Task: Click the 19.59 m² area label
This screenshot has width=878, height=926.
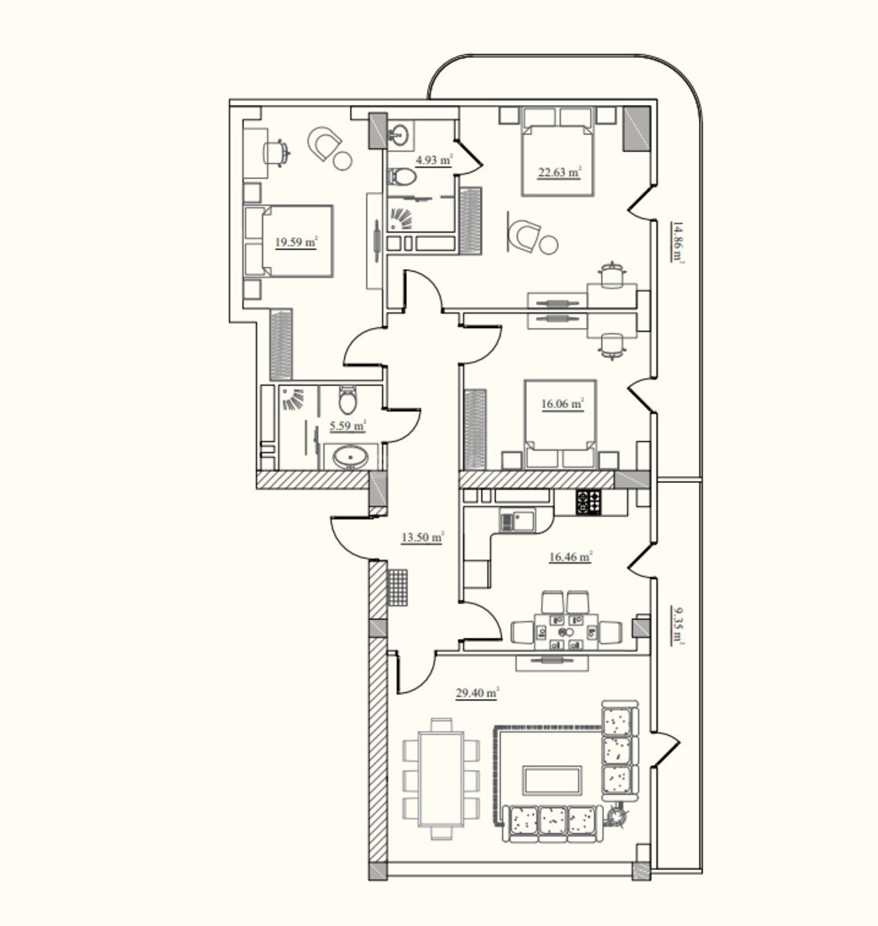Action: click(296, 243)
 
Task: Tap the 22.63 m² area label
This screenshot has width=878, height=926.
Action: click(559, 172)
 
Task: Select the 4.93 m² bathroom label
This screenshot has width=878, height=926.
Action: click(434, 160)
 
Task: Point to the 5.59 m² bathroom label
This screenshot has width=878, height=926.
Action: click(348, 426)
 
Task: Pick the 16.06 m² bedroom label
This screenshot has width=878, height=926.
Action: click(562, 404)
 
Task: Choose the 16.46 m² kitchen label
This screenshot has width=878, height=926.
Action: click(570, 556)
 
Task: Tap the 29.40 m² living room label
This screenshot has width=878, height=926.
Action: click(477, 693)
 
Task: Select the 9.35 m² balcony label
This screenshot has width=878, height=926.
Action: click(678, 626)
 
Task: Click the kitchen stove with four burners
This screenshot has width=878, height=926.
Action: click(589, 502)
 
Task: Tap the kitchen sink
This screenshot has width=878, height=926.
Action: click(517, 522)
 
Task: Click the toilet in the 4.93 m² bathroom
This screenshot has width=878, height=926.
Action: click(402, 177)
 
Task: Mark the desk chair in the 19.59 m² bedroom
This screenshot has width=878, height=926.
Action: click(275, 152)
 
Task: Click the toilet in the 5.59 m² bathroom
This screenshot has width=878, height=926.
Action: click(348, 400)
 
